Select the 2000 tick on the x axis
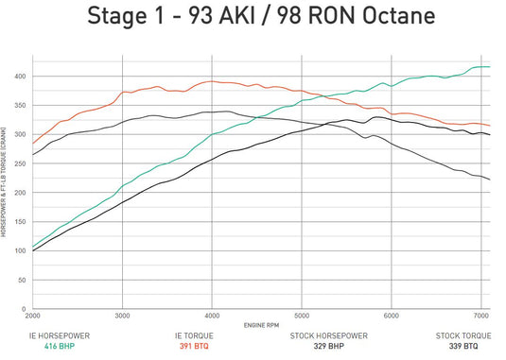[x=33, y=317]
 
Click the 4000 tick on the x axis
[x=213, y=317]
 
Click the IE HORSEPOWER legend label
[x=59, y=335]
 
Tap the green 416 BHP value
[x=59, y=346]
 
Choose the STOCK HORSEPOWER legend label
[x=329, y=335]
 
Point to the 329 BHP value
[x=329, y=346]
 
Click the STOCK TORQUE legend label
[x=463, y=335]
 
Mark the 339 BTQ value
[x=463, y=346]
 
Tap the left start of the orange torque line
[x=33, y=144]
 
